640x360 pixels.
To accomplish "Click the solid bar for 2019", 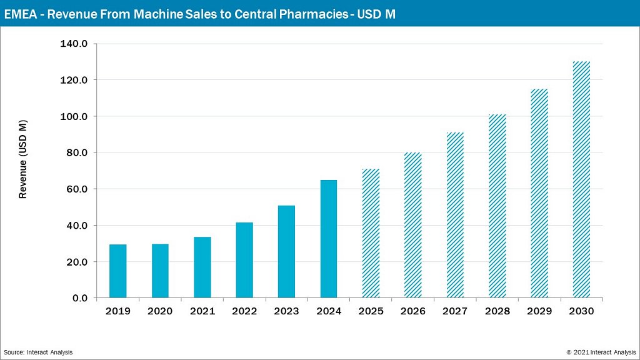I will (117, 271).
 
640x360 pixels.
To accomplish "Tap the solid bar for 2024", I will (329, 239).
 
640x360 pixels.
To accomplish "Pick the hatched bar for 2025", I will (371, 233).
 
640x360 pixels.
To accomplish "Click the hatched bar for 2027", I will (455, 215).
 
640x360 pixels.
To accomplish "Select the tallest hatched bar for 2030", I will (581, 179).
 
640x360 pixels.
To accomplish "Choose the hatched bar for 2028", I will (497, 206).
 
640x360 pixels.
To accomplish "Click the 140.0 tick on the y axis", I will (74, 44).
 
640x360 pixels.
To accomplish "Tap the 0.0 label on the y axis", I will (79, 298).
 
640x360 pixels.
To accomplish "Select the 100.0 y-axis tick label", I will (74, 117).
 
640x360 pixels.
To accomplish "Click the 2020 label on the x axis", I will (160, 311).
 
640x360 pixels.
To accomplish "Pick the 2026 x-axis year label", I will (412, 311).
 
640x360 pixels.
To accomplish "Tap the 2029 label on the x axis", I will (539, 311).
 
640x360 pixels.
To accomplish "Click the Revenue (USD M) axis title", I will (23, 159).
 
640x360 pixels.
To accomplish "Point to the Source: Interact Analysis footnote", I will (38, 352).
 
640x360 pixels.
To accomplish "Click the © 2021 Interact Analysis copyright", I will (601, 352).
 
